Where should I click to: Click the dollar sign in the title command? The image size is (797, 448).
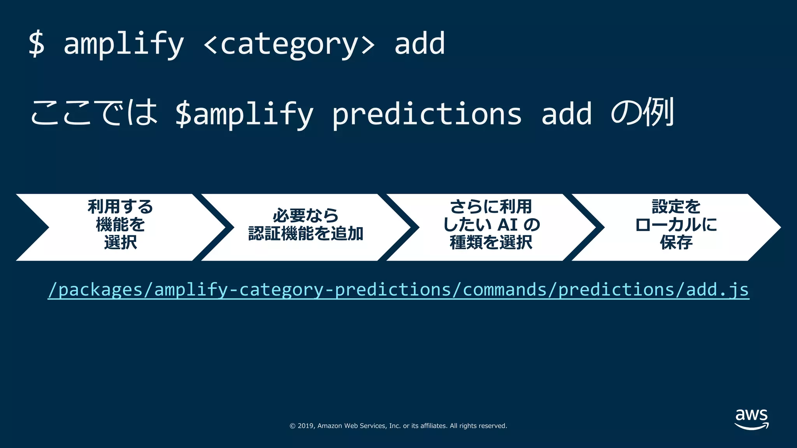[x=37, y=44]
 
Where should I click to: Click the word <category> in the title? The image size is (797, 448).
[x=289, y=44]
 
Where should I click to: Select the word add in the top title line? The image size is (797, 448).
[x=419, y=44]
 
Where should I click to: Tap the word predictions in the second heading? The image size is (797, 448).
[x=427, y=114]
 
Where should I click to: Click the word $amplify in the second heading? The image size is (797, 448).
[x=244, y=114]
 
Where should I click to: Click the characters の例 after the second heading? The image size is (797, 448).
[x=642, y=113]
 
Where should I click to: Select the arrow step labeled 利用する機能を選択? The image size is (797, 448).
[x=120, y=225]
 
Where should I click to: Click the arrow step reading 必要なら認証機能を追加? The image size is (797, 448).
[x=305, y=225]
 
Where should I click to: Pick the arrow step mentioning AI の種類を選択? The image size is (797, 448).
[x=491, y=225]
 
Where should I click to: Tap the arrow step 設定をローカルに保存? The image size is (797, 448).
[x=676, y=225]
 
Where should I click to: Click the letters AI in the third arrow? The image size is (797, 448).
[x=507, y=225]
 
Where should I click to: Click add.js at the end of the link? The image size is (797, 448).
[x=717, y=290]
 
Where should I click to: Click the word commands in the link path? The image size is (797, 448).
[x=505, y=290]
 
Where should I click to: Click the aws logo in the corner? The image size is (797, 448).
[x=751, y=419]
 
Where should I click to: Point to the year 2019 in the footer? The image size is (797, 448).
[x=306, y=426]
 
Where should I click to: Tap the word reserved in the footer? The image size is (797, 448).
[x=493, y=426]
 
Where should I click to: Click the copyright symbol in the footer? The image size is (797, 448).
[x=292, y=426]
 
